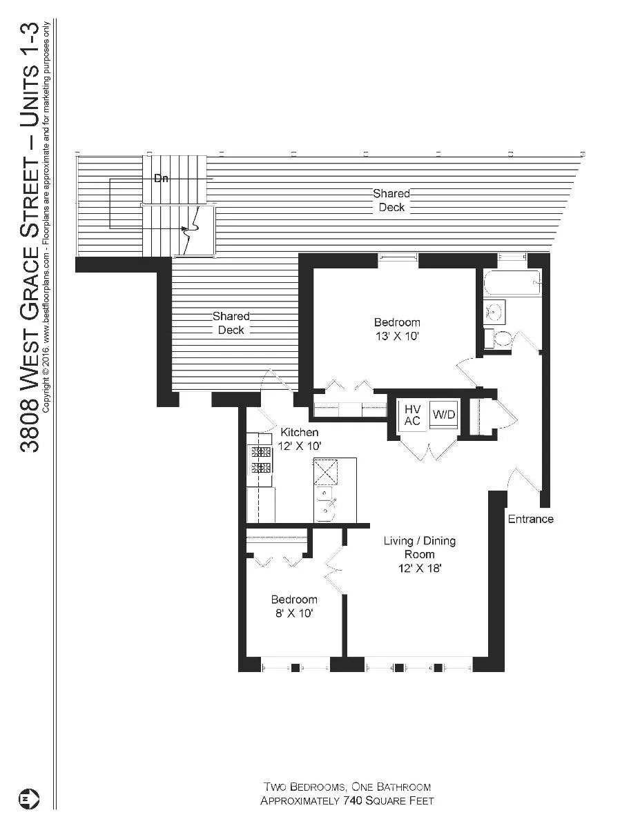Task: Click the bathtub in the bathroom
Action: (512, 284)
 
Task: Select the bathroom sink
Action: (494, 312)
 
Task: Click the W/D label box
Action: (444, 415)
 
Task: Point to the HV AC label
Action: (413, 415)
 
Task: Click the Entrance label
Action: (530, 519)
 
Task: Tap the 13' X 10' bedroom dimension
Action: (396, 337)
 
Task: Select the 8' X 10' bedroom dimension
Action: (293, 613)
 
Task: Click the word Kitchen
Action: (299, 433)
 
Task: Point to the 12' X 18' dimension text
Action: (419, 569)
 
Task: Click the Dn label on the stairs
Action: (161, 179)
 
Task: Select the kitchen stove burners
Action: (261, 460)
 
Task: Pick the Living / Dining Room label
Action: (419, 548)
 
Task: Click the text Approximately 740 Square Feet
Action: (347, 801)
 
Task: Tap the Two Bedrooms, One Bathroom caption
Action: (347, 787)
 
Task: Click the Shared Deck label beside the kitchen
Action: (231, 323)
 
